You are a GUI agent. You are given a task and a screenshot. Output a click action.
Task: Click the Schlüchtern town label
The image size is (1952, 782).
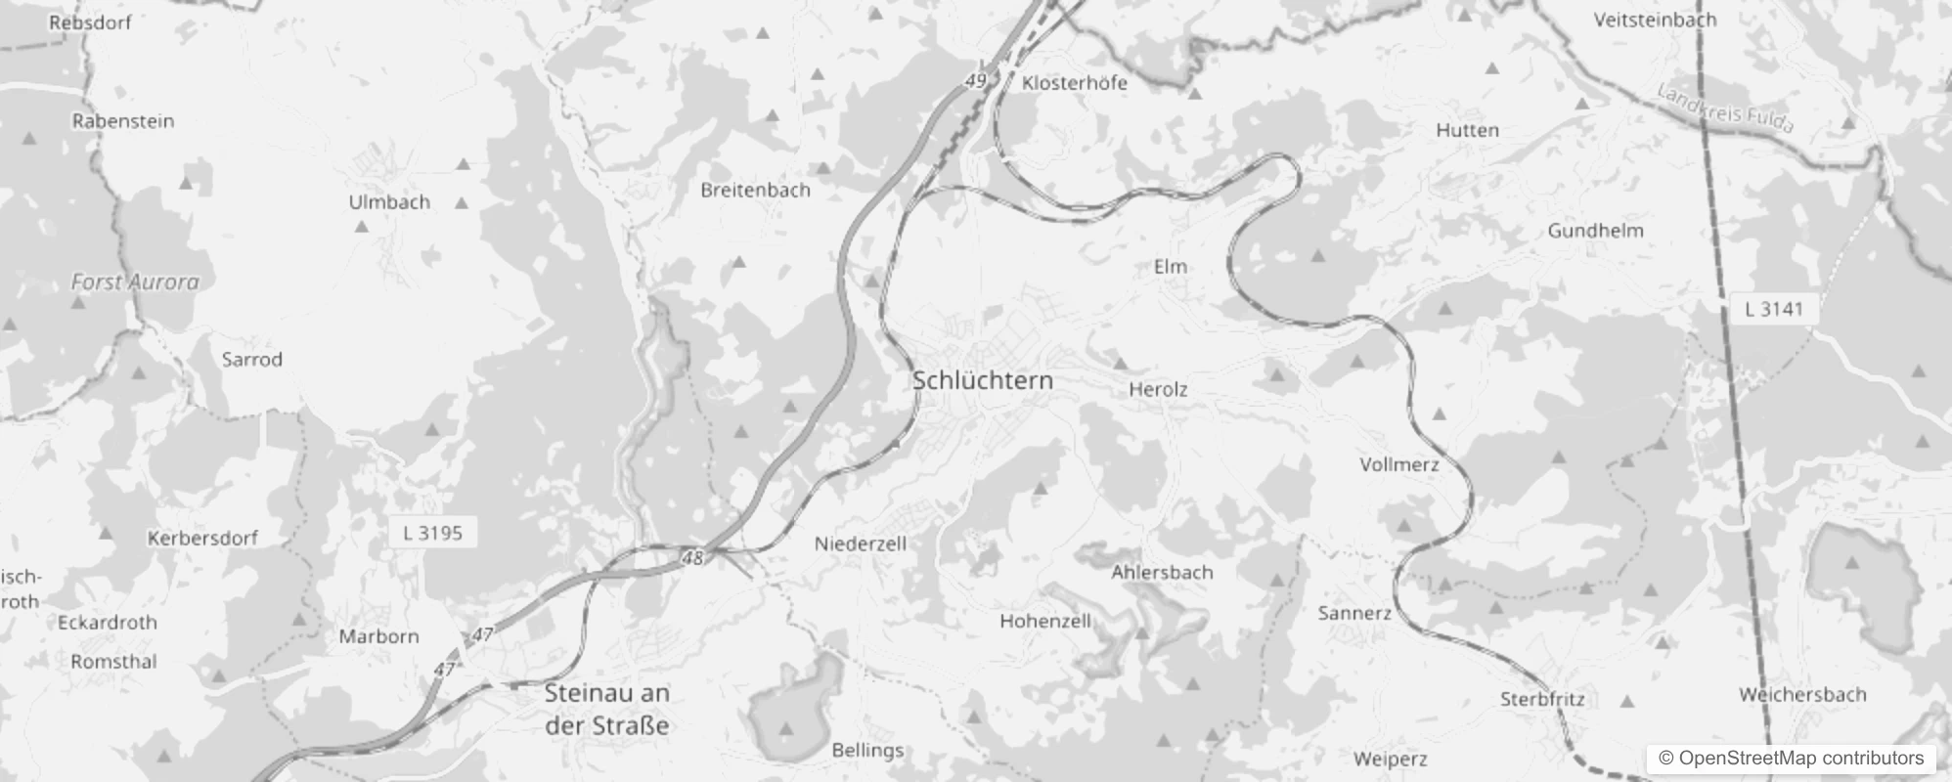coord(983,380)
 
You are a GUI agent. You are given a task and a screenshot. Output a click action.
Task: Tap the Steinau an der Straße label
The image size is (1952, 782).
coord(607,709)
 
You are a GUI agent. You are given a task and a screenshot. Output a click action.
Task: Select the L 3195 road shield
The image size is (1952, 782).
coord(432,533)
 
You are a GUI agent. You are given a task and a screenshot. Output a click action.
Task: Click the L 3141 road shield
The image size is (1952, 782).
coord(1773,309)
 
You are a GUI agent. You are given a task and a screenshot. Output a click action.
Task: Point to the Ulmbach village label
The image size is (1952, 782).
coord(389,202)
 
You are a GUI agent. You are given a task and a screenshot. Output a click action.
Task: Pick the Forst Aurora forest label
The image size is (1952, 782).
coord(135,282)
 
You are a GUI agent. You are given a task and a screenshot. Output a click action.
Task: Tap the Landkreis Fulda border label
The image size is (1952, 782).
coord(1726,109)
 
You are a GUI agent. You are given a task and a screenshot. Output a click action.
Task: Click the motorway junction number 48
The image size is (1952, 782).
coord(692,558)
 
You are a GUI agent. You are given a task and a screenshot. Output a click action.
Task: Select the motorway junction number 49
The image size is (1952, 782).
coord(975,81)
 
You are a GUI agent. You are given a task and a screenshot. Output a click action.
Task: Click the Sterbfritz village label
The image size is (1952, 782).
coord(1542,699)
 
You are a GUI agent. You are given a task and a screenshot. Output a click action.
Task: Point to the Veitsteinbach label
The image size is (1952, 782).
coord(1655,20)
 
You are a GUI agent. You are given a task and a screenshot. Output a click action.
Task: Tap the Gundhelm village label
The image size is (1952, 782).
coord(1595,231)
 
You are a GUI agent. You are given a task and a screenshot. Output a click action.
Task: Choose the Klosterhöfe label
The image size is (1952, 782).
coord(1075,83)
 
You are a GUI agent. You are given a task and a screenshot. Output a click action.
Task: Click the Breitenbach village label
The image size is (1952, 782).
coord(755,190)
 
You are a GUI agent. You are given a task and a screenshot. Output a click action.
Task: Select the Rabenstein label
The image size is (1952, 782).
coord(123,121)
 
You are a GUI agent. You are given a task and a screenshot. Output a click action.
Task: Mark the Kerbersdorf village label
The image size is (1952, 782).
coord(202,538)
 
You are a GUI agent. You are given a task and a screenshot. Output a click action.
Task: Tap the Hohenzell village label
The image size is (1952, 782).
coord(1044,621)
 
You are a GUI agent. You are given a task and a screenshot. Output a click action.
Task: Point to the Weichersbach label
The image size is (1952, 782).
coord(1802,695)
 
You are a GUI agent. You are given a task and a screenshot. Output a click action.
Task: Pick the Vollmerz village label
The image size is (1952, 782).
coord(1399,464)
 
